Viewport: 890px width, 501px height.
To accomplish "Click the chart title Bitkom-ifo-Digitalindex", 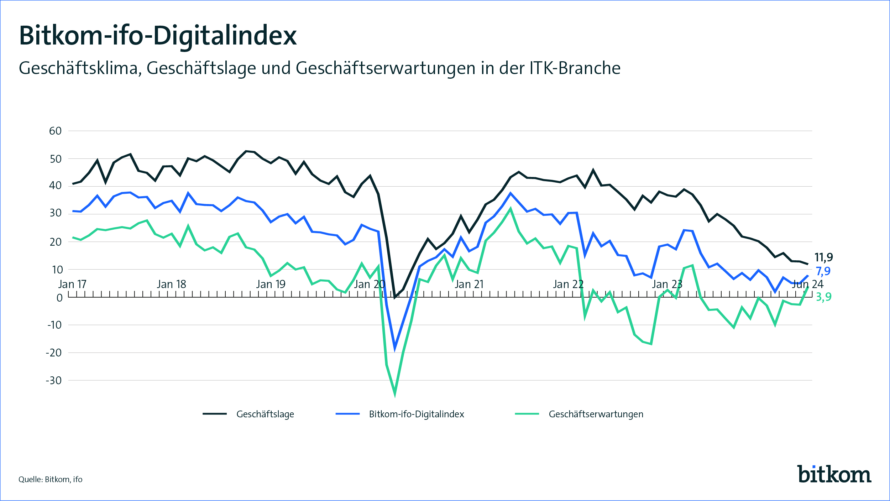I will pyautogui.click(x=158, y=36).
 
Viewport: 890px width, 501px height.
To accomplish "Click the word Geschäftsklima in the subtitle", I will pyautogui.click(x=78, y=68).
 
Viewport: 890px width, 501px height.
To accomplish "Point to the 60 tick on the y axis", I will pyautogui.click(x=56, y=131).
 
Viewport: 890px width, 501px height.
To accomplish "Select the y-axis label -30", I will pyautogui.click(x=54, y=380).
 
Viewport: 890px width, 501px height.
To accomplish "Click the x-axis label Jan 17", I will pyautogui.click(x=72, y=284).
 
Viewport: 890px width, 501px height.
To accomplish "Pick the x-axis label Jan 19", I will pyautogui.click(x=271, y=284).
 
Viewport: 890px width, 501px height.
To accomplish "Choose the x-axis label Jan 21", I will pyautogui.click(x=469, y=284).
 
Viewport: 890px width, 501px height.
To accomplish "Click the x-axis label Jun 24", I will pyautogui.click(x=807, y=284).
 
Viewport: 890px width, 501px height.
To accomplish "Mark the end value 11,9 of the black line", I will pyautogui.click(x=824, y=257).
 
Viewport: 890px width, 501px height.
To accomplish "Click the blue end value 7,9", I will pyautogui.click(x=823, y=271).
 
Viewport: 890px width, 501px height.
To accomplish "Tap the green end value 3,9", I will pyautogui.click(x=824, y=297).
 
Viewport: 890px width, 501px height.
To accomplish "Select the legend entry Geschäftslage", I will pyautogui.click(x=265, y=414).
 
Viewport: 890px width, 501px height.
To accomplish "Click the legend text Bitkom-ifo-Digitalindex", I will pyautogui.click(x=417, y=414).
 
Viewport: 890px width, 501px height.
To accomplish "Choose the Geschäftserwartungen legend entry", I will pyautogui.click(x=596, y=414).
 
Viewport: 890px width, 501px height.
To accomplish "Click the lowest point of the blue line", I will pyautogui.click(x=394, y=348).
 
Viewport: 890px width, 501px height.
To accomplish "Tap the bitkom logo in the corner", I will pyautogui.click(x=834, y=474).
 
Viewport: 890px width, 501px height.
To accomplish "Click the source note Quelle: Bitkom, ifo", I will pyautogui.click(x=51, y=479).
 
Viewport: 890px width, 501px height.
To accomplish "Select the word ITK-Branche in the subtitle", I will pyautogui.click(x=575, y=68).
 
